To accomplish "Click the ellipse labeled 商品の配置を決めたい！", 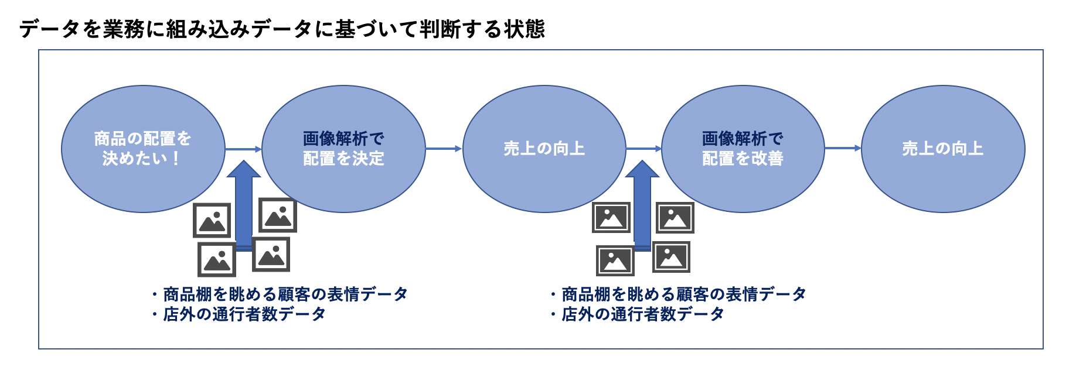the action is click(x=143, y=149).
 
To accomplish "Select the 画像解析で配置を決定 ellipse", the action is click(x=343, y=149).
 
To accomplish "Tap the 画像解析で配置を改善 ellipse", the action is click(x=743, y=149).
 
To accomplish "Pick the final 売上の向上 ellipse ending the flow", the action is click(x=943, y=149).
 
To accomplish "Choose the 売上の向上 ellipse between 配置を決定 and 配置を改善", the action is click(x=544, y=149).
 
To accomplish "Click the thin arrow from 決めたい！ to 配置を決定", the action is click(x=244, y=149).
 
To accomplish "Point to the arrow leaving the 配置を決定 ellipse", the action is click(x=444, y=149).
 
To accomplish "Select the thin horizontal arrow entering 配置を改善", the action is click(x=643, y=149).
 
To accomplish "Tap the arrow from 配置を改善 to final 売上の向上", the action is click(x=843, y=148).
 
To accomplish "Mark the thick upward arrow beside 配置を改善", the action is click(x=642, y=205).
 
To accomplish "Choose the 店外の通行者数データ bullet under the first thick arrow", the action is click(x=239, y=314).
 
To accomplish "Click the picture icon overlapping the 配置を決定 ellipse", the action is click(x=278, y=215).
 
